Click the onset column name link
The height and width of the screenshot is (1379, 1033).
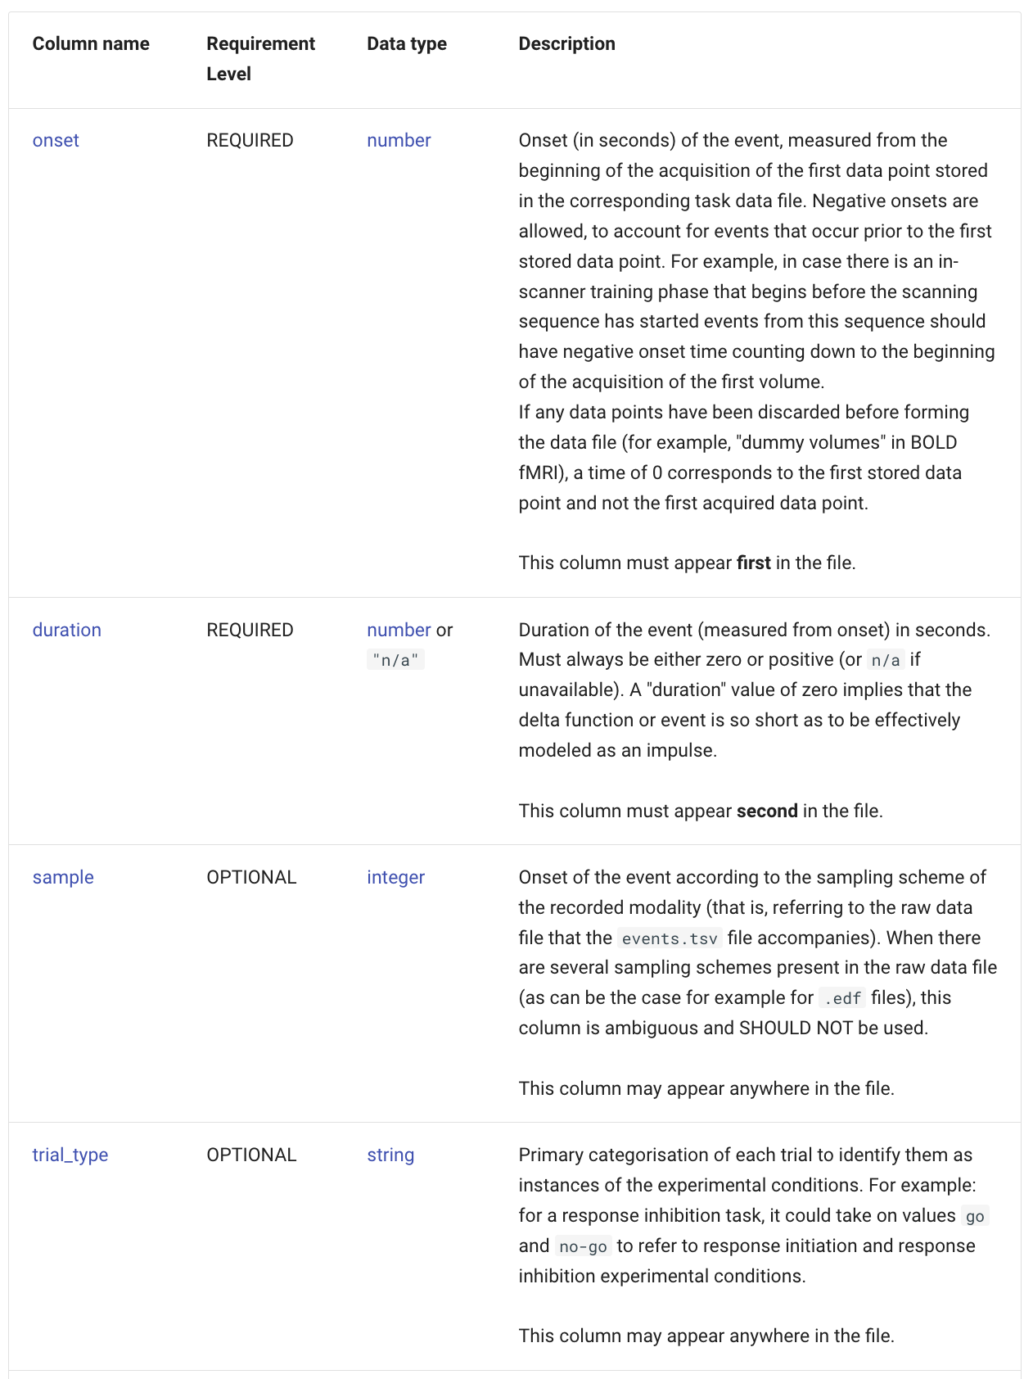click(x=56, y=140)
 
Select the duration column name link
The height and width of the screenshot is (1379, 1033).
click(x=67, y=630)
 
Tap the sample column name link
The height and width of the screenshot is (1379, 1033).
click(x=63, y=877)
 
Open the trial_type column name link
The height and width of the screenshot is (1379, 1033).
click(x=70, y=1155)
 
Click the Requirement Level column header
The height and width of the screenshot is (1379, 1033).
click(x=260, y=58)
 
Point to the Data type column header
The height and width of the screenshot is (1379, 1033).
click(x=407, y=43)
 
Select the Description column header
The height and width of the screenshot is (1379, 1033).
click(x=566, y=43)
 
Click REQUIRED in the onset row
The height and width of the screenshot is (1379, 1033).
click(x=250, y=140)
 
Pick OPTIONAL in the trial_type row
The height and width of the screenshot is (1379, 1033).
click(x=251, y=1155)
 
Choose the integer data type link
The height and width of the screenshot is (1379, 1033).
click(x=395, y=877)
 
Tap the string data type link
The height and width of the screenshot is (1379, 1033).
click(x=390, y=1155)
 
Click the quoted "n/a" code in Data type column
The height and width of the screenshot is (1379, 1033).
click(x=395, y=660)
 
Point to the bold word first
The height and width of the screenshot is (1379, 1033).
click(x=753, y=563)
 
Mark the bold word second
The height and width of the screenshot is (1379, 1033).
click(x=767, y=811)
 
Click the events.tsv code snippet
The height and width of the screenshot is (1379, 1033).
click(x=670, y=938)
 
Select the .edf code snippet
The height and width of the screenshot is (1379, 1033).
click(x=842, y=998)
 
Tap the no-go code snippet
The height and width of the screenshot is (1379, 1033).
click(x=583, y=1246)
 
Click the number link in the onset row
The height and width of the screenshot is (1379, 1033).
click(x=399, y=140)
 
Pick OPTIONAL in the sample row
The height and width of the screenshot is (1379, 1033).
click(x=251, y=877)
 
